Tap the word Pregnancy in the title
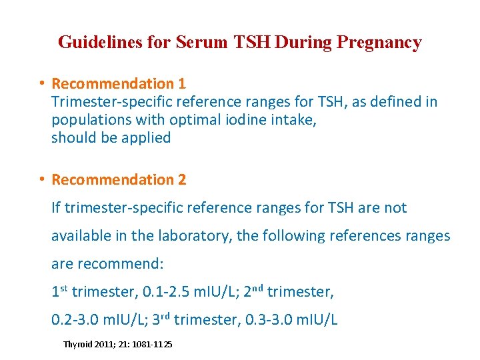click(x=379, y=43)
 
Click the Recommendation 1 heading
click(x=119, y=83)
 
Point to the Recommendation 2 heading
click(x=119, y=179)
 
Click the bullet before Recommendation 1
click(x=41, y=83)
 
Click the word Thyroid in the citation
click(x=77, y=344)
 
